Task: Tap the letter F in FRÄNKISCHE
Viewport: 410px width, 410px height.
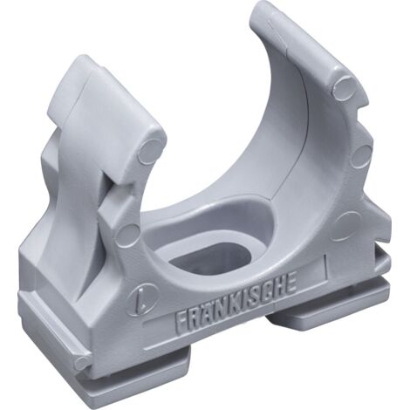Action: pos(181,322)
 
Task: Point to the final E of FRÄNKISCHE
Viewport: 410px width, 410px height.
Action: pos(290,283)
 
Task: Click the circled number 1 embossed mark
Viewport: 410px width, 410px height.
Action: pos(147,298)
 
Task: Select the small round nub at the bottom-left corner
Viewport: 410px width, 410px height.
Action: pos(81,364)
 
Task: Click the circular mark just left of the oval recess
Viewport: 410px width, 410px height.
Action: pos(128,235)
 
